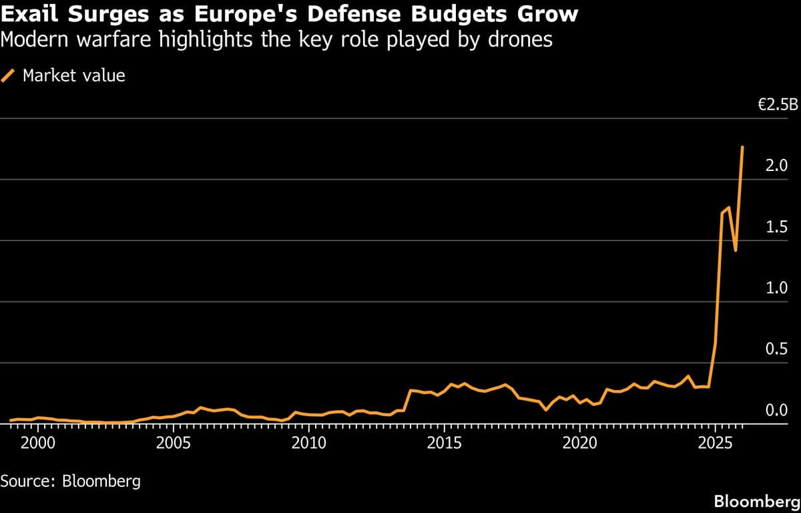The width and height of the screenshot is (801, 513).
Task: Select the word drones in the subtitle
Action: click(519, 40)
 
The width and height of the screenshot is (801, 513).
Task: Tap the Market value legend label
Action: click(73, 75)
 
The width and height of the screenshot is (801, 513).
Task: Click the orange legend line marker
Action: click(9, 75)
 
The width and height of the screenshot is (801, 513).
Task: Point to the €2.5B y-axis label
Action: click(778, 105)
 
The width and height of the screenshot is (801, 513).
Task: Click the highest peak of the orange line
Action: click(743, 146)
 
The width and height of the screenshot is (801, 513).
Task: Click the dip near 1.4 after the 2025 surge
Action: click(735, 250)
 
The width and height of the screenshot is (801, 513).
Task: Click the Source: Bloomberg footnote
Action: click(71, 481)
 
